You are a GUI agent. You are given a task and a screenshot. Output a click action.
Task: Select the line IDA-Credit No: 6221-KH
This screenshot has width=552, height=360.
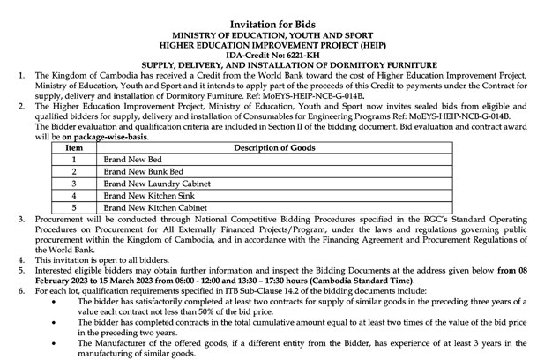pos(276,53)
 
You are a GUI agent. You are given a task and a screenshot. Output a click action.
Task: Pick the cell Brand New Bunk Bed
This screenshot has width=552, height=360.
pos(140,172)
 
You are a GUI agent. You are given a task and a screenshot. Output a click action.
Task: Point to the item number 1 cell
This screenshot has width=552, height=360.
pos(74,160)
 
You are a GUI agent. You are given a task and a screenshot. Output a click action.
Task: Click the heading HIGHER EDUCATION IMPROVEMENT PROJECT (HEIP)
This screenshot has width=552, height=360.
pos(276,41)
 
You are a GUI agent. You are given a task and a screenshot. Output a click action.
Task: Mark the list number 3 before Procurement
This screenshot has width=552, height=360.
pos(22,216)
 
